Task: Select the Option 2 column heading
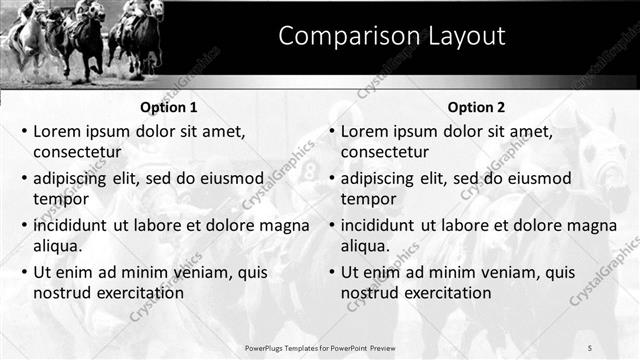[x=477, y=107]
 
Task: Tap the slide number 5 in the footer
[x=590, y=347]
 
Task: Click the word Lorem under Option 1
[x=56, y=131]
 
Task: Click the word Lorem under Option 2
[x=364, y=131]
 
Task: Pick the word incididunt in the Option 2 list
[x=384, y=225]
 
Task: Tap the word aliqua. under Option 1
[x=58, y=245]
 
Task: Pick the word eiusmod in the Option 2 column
[x=539, y=178]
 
